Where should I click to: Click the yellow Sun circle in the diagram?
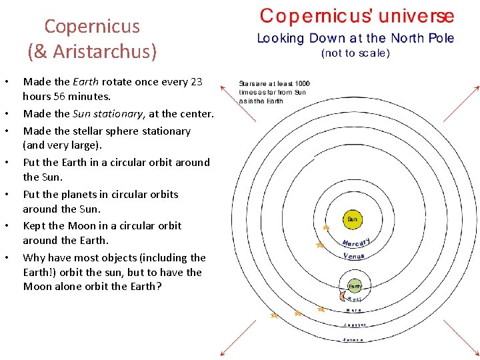pos(352,219)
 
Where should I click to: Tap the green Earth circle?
pos(354,286)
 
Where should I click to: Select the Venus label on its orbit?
pos(353,256)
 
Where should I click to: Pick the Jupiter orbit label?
pos(354,325)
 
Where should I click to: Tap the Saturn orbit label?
pos(353,339)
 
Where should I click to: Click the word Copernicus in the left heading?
pos(92,27)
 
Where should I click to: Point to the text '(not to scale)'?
pos(355,53)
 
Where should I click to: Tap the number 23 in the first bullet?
pos(195,82)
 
